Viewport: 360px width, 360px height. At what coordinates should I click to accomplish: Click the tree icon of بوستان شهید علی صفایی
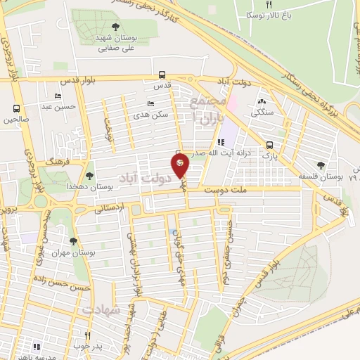click(115, 27)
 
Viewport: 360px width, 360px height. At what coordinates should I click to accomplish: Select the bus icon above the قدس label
click(162, 75)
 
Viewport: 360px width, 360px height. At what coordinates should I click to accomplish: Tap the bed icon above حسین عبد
click(58, 96)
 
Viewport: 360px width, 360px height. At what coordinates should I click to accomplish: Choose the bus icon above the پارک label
click(270, 146)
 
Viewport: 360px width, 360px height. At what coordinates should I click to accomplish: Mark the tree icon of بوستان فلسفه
click(321, 165)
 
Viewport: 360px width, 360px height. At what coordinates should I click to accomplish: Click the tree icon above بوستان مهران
click(73, 241)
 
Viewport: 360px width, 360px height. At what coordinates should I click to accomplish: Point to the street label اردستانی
click(108, 208)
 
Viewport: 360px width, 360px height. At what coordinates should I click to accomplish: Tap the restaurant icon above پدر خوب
click(88, 335)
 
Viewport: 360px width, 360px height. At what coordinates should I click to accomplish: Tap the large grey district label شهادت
click(102, 309)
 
